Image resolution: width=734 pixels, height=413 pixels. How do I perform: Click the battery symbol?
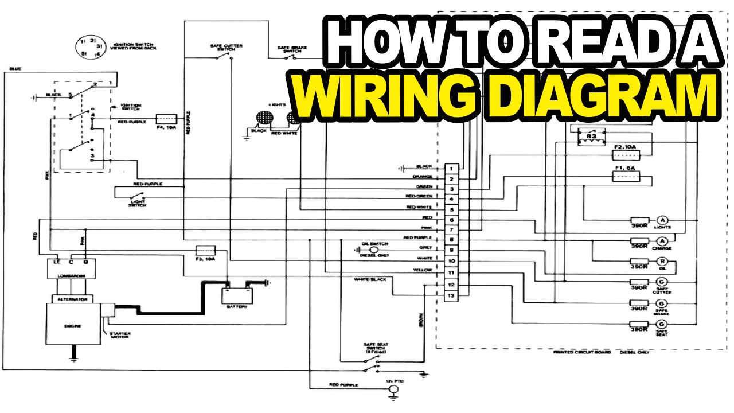point(237,295)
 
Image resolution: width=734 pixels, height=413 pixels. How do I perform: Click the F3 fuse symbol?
point(205,251)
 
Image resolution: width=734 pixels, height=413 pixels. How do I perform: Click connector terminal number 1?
point(452,169)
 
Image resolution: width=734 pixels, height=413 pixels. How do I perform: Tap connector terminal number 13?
point(452,295)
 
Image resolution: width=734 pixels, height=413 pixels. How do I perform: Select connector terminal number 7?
point(452,230)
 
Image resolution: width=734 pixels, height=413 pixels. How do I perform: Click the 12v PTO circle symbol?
point(393,390)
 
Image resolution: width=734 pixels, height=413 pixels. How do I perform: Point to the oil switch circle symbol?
point(373,250)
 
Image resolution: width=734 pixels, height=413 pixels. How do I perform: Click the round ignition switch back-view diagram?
point(89,47)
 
